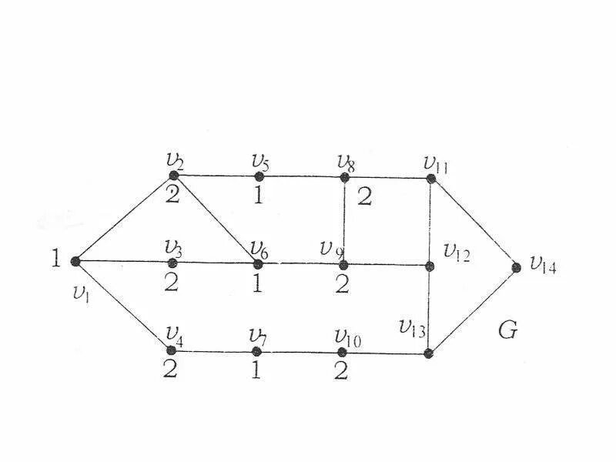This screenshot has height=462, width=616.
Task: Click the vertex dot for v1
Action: coord(75,261)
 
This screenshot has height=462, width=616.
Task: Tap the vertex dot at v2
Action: coord(174,176)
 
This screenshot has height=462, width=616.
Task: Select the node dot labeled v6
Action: coord(258,263)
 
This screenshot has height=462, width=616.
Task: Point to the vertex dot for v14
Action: coord(517,267)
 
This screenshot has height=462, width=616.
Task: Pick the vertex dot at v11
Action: coord(431,179)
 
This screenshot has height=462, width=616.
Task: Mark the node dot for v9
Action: coord(343,265)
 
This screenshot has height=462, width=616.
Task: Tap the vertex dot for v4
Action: coord(172,350)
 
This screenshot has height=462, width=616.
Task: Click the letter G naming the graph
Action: coord(507,331)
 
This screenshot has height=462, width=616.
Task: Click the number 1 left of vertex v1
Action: coord(55,259)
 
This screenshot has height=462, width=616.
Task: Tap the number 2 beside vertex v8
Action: coord(364,197)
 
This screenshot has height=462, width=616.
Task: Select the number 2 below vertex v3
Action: coord(171,282)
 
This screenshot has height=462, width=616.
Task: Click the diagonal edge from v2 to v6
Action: coord(216,219)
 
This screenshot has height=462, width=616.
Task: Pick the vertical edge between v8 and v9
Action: coord(344,221)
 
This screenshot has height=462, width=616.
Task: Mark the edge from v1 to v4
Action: coord(123,305)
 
